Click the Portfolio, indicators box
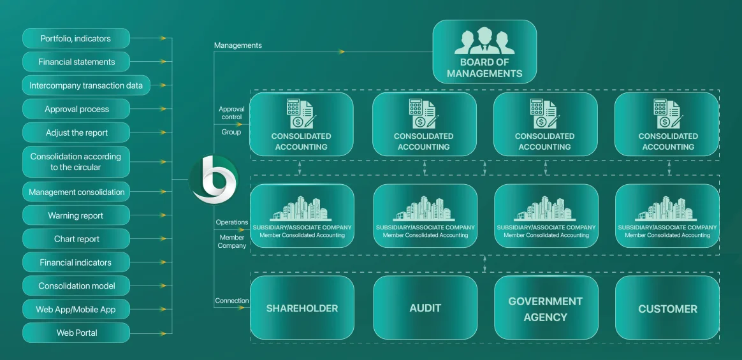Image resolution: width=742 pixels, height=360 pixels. point(76,38)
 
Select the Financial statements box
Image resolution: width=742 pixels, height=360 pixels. point(76,62)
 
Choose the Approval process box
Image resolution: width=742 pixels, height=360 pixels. point(76,109)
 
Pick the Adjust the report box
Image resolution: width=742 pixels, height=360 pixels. point(76,133)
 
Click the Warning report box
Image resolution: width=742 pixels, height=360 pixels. point(76,215)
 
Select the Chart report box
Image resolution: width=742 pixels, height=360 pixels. point(76,239)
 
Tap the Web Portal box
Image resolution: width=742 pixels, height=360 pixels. point(76,333)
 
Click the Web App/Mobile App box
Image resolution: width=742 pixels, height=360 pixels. point(76,310)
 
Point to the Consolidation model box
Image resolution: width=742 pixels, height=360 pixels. point(76,286)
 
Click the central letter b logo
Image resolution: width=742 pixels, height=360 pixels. point(214,180)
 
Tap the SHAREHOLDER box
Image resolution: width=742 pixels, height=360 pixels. point(302,308)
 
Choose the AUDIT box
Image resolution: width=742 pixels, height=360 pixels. point(425,308)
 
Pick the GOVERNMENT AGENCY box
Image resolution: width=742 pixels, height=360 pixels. point(546,308)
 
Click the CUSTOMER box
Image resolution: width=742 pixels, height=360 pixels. point(667,308)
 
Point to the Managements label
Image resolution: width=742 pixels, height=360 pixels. point(238,45)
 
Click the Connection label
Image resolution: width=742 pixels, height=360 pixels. point(232,301)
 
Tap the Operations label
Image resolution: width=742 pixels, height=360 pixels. point(231,222)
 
